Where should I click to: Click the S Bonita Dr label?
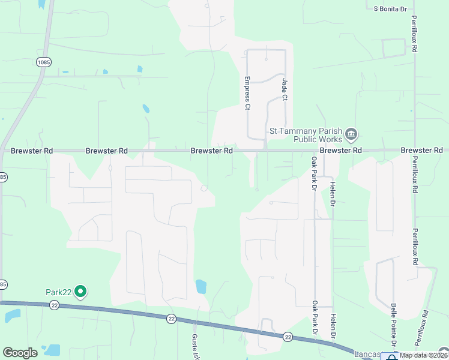tap(390, 9)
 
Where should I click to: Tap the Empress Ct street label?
tap(247, 93)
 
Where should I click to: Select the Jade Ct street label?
tap(285, 88)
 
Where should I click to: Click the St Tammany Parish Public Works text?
tap(307, 134)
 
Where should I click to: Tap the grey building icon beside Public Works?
tap(352, 133)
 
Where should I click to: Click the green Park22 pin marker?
tap(81, 292)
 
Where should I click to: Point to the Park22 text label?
tap(59, 292)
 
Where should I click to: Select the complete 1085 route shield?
tap(43, 62)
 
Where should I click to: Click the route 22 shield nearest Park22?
tap(55, 305)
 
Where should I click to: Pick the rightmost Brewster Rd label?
tap(421, 150)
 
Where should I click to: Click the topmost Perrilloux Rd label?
tap(414, 34)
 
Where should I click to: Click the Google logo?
tap(20, 353)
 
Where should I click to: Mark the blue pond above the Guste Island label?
tap(201, 286)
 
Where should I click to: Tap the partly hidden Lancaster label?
tap(367, 355)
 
